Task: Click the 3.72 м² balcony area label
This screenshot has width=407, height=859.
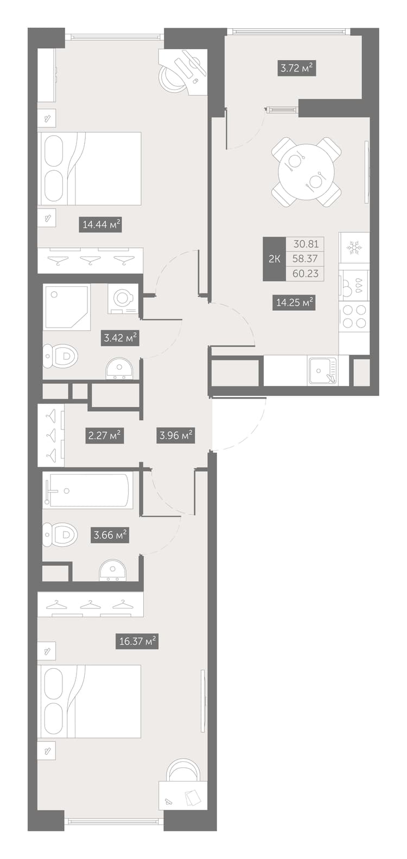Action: pos(297,69)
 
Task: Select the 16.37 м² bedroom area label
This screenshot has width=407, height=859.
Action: pos(137,641)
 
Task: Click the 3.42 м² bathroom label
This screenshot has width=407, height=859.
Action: pos(120,338)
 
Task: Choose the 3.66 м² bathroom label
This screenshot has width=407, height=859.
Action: pos(111,534)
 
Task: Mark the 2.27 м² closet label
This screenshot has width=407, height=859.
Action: pos(104,435)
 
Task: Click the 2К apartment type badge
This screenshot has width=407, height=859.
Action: pos(274,259)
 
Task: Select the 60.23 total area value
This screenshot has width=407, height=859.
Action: pos(305,273)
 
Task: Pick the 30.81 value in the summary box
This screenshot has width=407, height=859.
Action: pos(306,243)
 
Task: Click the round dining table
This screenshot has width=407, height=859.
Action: pos(306,172)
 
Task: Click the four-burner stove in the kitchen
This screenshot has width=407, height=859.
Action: pos(354,316)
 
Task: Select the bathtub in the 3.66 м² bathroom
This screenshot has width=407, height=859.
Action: pos(88,490)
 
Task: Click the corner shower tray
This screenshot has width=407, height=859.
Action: pos(67,307)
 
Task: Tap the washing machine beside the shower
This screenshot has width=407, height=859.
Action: pos(123,299)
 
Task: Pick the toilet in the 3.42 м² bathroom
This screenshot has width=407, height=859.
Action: pos(60,356)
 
